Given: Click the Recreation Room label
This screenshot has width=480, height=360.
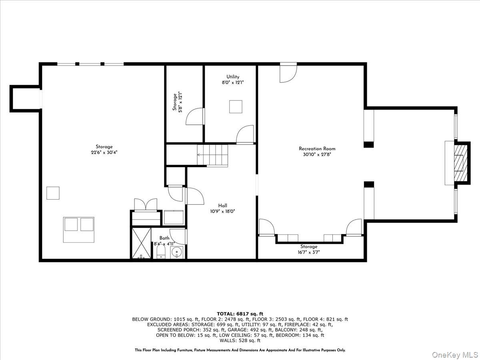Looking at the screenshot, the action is [x=317, y=149].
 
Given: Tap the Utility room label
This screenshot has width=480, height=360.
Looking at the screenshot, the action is [x=233, y=77].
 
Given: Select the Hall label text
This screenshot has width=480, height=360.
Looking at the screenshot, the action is [x=223, y=206].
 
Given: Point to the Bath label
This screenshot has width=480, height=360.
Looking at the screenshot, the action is [x=164, y=238].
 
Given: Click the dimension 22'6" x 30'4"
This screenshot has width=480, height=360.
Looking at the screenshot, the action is [x=104, y=152].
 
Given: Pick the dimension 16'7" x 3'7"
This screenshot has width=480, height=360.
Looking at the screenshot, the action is [x=308, y=252].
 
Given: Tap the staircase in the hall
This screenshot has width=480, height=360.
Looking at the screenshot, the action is [x=212, y=156].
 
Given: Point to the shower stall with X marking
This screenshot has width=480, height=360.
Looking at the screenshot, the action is [x=142, y=243].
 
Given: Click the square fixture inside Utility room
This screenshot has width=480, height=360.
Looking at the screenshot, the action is [x=236, y=107].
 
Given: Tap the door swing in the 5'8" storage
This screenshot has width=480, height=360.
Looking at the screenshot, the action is [x=195, y=116].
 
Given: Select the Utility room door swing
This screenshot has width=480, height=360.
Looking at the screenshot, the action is [x=245, y=134].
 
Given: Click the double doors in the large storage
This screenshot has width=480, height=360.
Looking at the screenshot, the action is [x=146, y=204].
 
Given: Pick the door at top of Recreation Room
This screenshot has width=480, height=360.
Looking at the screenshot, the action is [x=288, y=73].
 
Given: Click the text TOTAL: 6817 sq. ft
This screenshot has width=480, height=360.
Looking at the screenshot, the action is [x=240, y=314].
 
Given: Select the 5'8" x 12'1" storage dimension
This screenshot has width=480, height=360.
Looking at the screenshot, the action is [x=180, y=102].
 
